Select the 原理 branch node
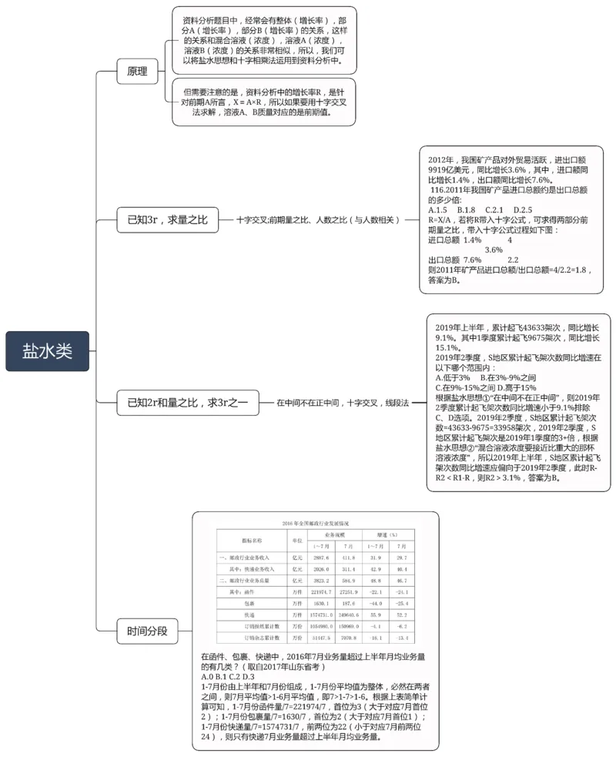click(x=137, y=72)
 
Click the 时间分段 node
click(x=146, y=632)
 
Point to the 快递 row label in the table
click(x=249, y=615)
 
